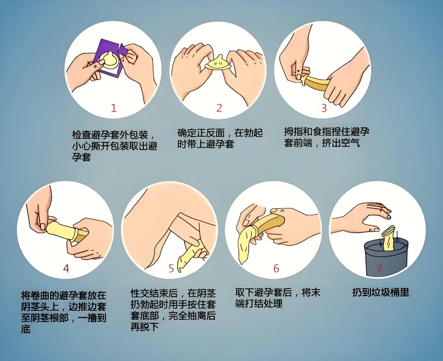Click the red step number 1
tap(114, 108)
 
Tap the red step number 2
tap(219, 108)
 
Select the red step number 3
tap(324, 108)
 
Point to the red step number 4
tap(66, 268)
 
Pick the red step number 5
tap(171, 268)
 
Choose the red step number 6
tap(276, 268)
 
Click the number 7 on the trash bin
tap(379, 268)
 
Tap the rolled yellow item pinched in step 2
tap(218, 63)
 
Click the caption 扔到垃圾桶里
tap(381, 292)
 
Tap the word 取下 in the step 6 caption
tap(244, 292)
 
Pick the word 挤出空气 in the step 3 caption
tap(341, 143)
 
